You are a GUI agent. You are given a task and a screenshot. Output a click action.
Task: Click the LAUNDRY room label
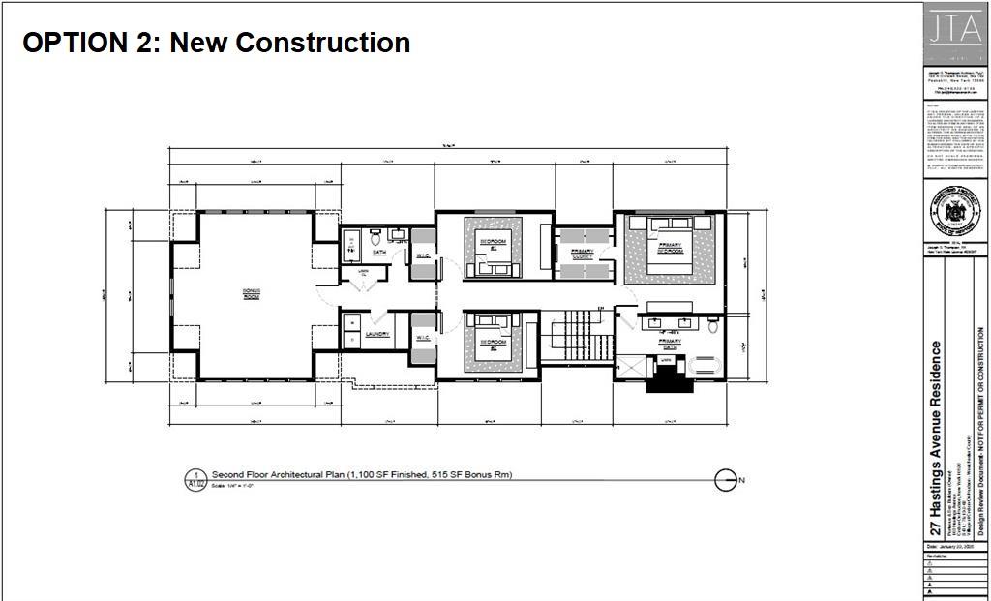tap(377, 335)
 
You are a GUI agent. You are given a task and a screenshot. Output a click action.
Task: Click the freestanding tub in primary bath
tap(702, 364)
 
